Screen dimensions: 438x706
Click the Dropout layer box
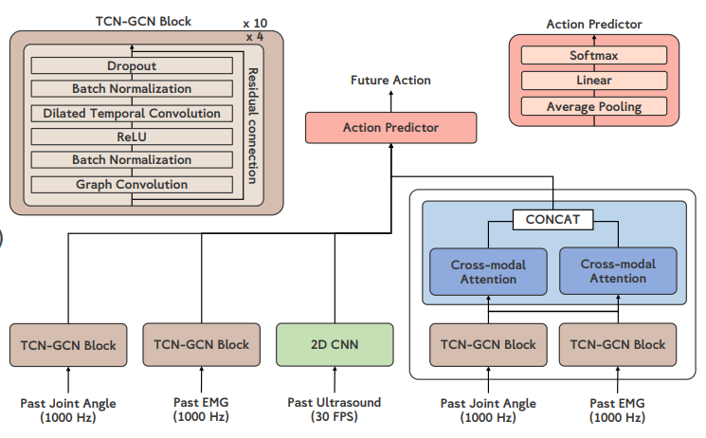pyautogui.click(x=132, y=66)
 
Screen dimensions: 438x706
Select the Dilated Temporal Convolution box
pyautogui.click(x=132, y=113)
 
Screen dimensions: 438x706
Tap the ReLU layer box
pyautogui.click(x=132, y=137)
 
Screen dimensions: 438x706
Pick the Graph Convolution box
pyautogui.click(x=132, y=184)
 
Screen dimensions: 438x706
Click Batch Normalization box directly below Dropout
pyautogui.click(x=132, y=89)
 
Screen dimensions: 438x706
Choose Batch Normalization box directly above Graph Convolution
pyautogui.click(x=132, y=160)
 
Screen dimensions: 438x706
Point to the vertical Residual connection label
pyautogui.click(x=252, y=124)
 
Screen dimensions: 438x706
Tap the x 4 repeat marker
pyautogui.click(x=254, y=36)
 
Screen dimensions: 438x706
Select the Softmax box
pyautogui.click(x=593, y=56)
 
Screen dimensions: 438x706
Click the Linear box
pyautogui.click(x=593, y=82)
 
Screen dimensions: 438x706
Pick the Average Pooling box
pyautogui.click(x=593, y=107)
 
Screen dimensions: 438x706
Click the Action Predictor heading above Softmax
pyautogui.click(x=594, y=24)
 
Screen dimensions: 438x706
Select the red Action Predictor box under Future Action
pyautogui.click(x=390, y=127)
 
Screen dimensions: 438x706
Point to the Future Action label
pyautogui.click(x=390, y=82)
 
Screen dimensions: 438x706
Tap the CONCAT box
pyautogui.click(x=552, y=220)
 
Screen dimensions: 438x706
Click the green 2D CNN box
pyautogui.click(x=335, y=344)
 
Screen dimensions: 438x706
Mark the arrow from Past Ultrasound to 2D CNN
pyautogui.click(x=335, y=380)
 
